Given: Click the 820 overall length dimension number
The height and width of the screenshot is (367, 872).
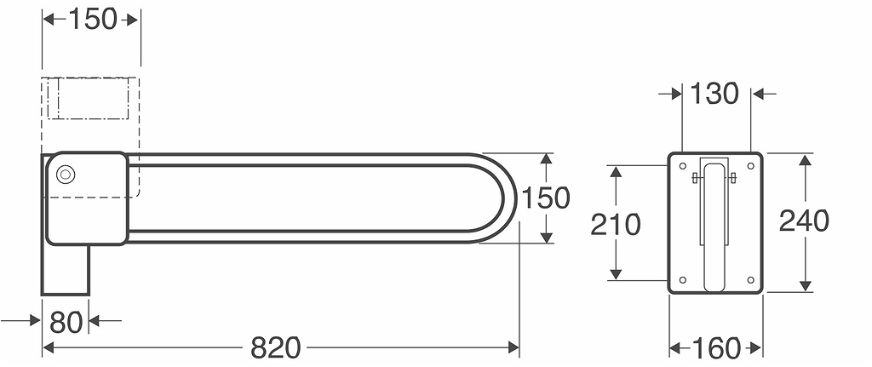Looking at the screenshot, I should pyautogui.click(x=276, y=347).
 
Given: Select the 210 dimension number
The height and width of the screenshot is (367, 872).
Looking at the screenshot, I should pyautogui.click(x=616, y=225).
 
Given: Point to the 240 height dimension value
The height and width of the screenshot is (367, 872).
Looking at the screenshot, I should pyautogui.click(x=803, y=221).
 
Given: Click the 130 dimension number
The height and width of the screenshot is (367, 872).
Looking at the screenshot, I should pyautogui.click(x=714, y=94).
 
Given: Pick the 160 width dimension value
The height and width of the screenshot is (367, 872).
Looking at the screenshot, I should pyautogui.click(x=714, y=347).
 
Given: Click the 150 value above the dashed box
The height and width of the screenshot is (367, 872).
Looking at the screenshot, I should pyautogui.click(x=93, y=19).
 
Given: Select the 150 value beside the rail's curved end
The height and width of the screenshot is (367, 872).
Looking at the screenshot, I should pyautogui.click(x=545, y=198).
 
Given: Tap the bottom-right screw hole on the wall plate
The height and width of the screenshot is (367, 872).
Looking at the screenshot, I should pyautogui.click(x=750, y=279).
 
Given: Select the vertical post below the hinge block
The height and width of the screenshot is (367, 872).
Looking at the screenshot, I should pyautogui.click(x=66, y=269).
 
